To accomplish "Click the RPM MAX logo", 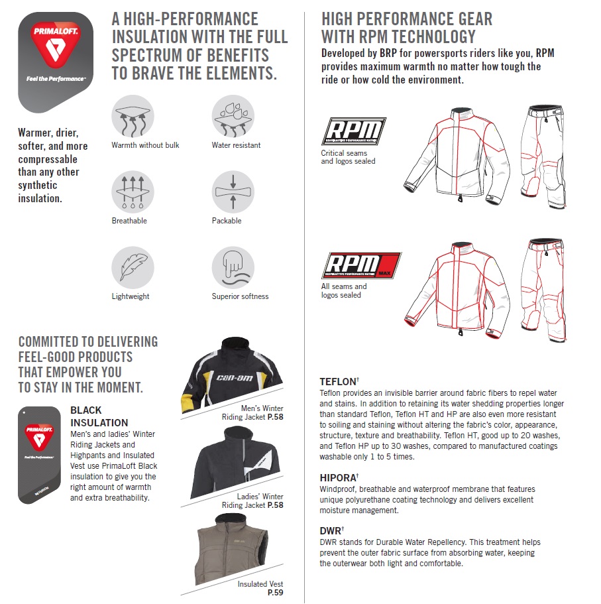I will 361,265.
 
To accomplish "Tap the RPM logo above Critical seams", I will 353,131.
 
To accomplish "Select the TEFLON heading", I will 339,382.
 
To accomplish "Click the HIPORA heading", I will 339,477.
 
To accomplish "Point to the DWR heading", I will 331,530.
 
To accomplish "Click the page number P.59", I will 275,593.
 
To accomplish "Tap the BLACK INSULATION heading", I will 99,416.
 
